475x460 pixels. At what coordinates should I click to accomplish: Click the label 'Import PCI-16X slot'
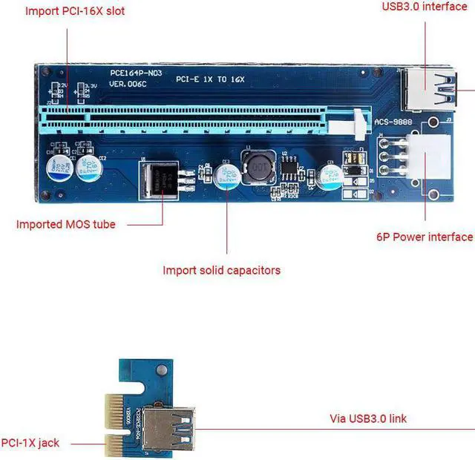pyautogui.click(x=75, y=11)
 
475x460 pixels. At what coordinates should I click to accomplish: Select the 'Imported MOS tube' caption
pyautogui.click(x=66, y=224)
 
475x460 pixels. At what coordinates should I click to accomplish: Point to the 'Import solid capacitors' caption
pyautogui.click(x=221, y=270)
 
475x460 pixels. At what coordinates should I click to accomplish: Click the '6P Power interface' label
pyautogui.click(x=424, y=237)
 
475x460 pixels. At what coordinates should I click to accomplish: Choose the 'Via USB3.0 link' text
pyautogui.click(x=368, y=418)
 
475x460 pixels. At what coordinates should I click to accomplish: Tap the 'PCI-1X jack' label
pyautogui.click(x=30, y=443)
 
